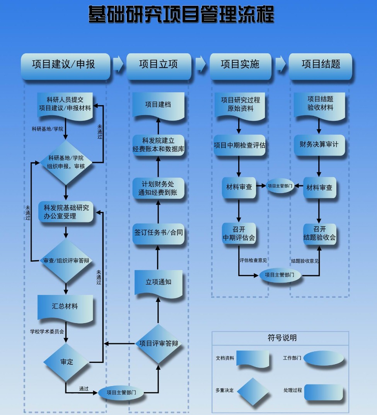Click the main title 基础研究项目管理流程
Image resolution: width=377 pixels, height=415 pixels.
point(181,14)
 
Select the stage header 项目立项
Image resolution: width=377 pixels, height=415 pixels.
point(159,64)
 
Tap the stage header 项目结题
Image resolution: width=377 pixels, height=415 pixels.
point(321,64)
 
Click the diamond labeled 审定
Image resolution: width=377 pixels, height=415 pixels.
point(67,362)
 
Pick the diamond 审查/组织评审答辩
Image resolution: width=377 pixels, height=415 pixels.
point(66,261)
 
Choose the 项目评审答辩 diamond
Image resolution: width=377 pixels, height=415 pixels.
point(159,343)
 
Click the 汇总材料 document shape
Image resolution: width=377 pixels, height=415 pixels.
point(65,307)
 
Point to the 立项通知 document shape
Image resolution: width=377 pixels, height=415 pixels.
point(158,282)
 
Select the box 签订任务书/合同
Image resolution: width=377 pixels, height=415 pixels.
point(159,233)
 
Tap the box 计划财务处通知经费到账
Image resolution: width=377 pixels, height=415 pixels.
point(159,188)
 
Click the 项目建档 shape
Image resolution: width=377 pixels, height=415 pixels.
point(158,105)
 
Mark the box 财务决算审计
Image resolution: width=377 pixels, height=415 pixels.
point(319,144)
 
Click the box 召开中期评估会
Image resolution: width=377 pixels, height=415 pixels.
point(239,234)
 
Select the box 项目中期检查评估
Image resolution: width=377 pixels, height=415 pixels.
point(239,145)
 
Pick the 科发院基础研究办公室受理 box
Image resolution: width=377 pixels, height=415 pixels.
point(66,212)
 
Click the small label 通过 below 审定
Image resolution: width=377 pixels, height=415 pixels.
point(84,388)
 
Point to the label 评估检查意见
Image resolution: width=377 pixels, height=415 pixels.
point(253,260)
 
